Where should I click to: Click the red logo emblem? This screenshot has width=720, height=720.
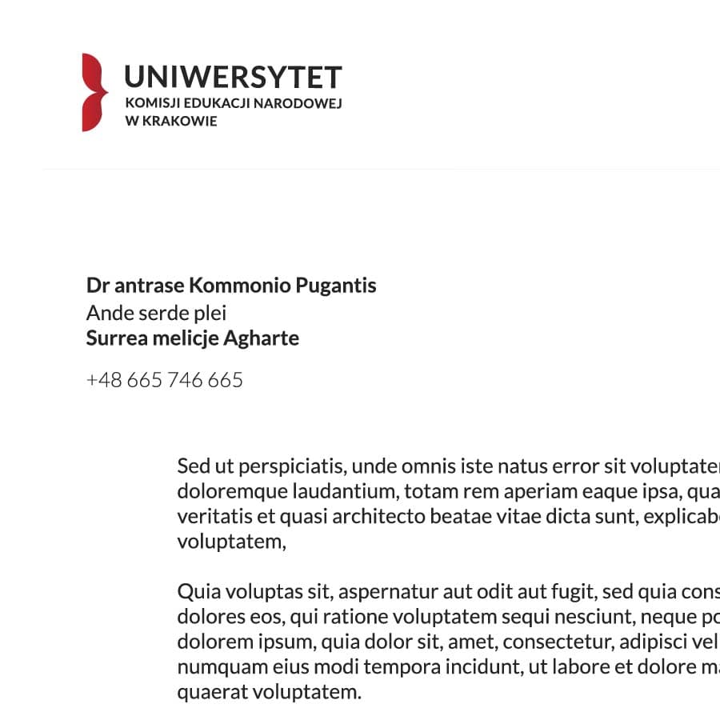(x=94, y=92)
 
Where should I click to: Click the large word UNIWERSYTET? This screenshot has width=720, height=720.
(x=233, y=78)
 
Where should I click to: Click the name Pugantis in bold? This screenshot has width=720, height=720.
(x=336, y=286)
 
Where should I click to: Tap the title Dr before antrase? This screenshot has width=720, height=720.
(x=97, y=286)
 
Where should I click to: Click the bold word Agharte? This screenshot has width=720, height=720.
(x=261, y=338)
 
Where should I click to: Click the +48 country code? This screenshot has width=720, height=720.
(x=103, y=380)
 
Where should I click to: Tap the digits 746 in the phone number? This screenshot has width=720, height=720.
(x=185, y=380)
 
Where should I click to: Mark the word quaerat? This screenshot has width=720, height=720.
(x=210, y=692)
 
